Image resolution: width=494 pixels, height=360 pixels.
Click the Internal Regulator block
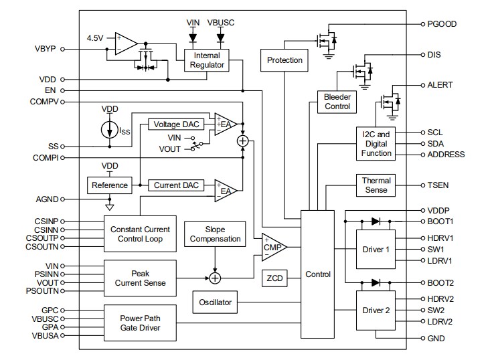coord(207,60)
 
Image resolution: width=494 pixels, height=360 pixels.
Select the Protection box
coord(284,60)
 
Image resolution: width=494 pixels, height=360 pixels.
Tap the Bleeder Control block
coord(337,101)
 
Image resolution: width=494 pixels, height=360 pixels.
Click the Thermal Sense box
coord(376,185)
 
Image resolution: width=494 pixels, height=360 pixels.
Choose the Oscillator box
coord(215,302)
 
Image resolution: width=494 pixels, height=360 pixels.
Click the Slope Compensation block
coord(215,234)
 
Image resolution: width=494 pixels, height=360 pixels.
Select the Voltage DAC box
coord(176,124)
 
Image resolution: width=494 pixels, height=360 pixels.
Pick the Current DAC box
coord(175,185)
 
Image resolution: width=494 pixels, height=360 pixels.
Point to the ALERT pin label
coord(440,85)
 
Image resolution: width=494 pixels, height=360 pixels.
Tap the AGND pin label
coord(46,199)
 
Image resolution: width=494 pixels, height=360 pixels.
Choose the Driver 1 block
coord(375,249)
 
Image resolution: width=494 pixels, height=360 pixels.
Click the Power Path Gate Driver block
coord(141,323)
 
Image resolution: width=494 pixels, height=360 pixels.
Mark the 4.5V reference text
coord(96,38)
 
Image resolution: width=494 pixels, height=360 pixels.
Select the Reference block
coord(109,185)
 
